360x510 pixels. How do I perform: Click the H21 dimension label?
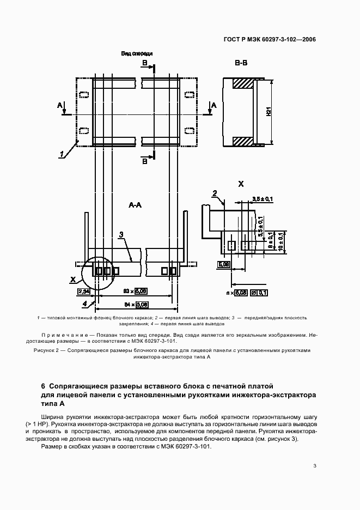(269, 112)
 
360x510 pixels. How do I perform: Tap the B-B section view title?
(241, 64)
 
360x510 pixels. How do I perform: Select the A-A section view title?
(136, 205)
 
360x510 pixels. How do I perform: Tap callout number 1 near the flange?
(63, 154)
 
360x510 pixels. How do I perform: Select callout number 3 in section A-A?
(122, 234)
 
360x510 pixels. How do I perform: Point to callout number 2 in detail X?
(215, 193)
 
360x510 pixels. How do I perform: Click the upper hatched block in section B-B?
(242, 83)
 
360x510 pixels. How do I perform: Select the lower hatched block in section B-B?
(242, 141)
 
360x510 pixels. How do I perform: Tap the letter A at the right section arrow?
(213, 105)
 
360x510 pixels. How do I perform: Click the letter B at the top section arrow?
(144, 64)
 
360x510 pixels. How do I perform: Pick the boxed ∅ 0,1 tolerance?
(260, 293)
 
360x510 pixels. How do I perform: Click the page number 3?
(315, 465)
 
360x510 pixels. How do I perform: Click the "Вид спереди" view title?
(137, 54)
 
